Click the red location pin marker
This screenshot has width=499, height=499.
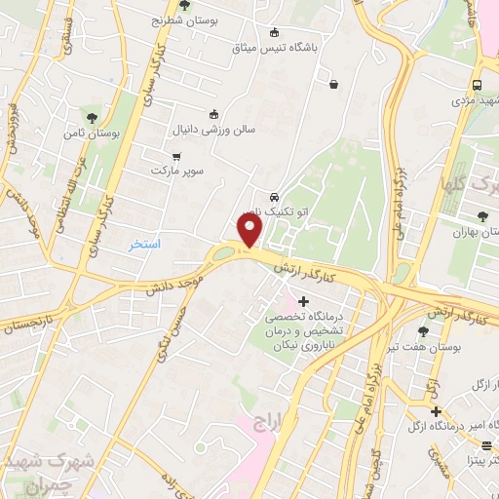251,230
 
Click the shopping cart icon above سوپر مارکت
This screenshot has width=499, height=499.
176,156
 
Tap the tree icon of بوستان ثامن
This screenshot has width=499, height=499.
92,117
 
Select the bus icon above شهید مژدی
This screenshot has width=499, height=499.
477,85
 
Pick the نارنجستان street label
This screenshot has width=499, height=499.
31,323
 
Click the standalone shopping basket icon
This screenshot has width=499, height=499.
334,84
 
